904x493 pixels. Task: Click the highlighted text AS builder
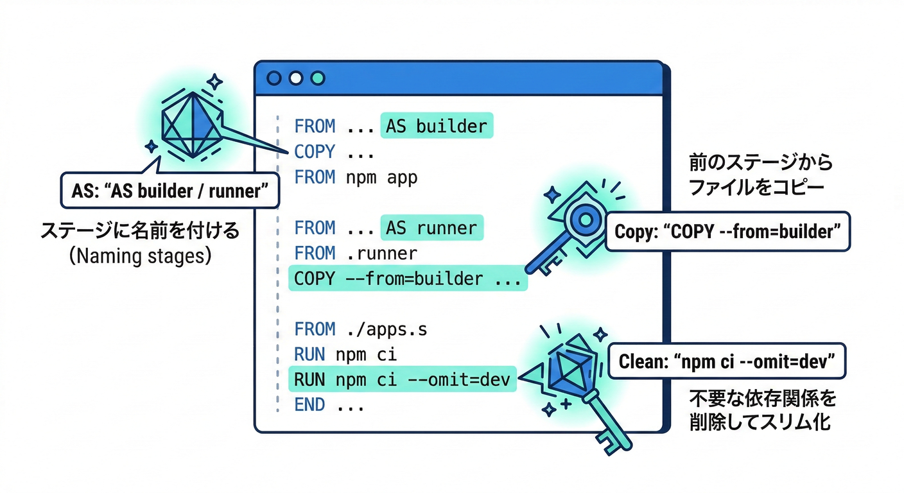(x=437, y=126)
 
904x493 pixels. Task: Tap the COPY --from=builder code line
(x=408, y=279)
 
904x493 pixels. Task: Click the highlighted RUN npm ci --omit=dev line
(x=401, y=379)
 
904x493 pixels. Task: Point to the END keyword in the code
(x=309, y=405)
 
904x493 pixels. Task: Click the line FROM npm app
(x=356, y=177)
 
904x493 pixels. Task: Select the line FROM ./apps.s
(x=360, y=329)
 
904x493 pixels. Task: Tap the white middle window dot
(x=295, y=78)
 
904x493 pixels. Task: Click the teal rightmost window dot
(x=317, y=78)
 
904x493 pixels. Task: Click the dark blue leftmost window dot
(x=274, y=78)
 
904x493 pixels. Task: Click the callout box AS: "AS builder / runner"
(x=169, y=190)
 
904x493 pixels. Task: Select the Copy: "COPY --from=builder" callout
(x=728, y=232)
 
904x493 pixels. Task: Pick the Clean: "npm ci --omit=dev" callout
(x=726, y=362)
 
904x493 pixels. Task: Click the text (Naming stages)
(x=140, y=257)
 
